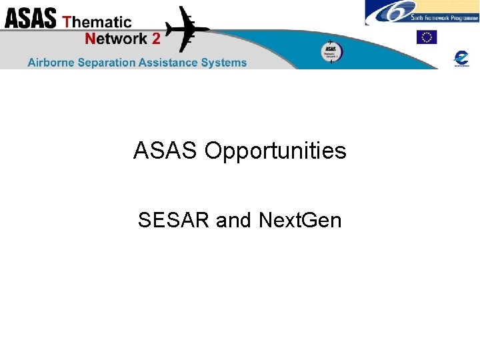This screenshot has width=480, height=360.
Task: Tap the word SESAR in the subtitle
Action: click(174, 220)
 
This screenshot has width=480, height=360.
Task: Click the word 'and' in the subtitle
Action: click(233, 220)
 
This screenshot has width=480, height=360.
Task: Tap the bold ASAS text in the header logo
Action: click(31, 18)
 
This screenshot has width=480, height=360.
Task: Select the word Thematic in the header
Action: click(97, 21)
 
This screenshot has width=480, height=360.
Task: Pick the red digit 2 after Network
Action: click(156, 39)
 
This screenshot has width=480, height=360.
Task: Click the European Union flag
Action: click(427, 37)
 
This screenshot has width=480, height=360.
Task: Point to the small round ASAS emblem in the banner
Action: click(330, 52)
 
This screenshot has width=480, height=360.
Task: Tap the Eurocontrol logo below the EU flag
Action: click(461, 58)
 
